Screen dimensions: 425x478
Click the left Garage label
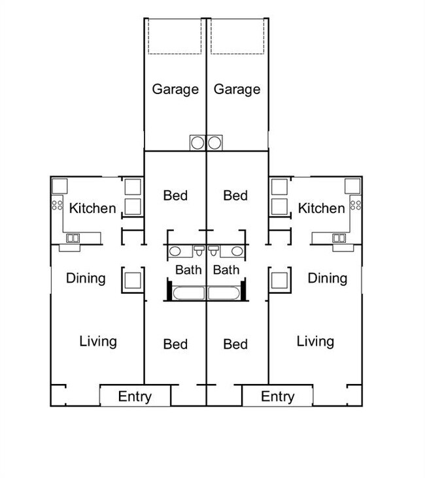(175, 89)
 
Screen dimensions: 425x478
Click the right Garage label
(237, 89)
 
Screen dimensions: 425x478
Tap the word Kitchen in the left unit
(92, 208)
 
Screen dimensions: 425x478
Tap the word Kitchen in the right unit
(322, 208)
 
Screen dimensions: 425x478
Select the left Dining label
(86, 279)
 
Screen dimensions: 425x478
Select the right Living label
(315, 342)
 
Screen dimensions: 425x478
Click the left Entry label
(135, 397)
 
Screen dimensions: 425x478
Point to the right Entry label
(277, 397)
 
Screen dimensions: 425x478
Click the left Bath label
(188, 270)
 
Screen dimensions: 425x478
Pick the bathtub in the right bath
(224, 293)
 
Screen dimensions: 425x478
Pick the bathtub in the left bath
(189, 293)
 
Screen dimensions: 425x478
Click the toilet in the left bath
(199, 250)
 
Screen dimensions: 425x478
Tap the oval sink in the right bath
(237, 251)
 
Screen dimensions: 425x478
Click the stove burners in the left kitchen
(57, 205)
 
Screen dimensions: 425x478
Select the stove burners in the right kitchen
(356, 205)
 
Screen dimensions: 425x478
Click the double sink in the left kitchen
(73, 238)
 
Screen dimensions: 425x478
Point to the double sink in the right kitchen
(339, 238)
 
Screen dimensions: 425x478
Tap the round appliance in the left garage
(197, 143)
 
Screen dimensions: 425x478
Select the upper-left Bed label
(175, 196)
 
